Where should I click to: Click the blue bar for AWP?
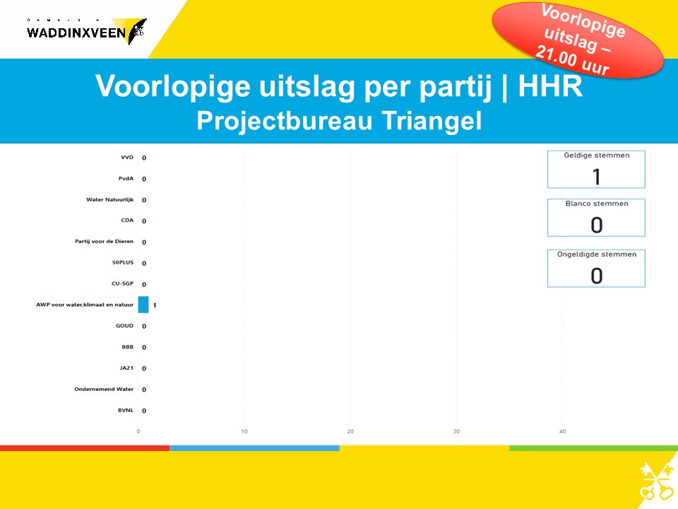[143, 304]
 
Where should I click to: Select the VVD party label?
[127, 157]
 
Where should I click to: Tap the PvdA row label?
[126, 178]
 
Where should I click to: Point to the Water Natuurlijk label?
[110, 199]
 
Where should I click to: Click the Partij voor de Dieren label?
[105, 241]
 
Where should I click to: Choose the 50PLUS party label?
[123, 262]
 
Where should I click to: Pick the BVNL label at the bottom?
[126, 410]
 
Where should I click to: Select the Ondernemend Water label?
[104, 389]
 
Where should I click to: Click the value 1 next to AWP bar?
[155, 305]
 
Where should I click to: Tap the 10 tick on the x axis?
[244, 431]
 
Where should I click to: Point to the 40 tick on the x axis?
[563, 431]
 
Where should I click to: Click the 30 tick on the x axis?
[457, 431]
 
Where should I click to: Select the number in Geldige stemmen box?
[597, 177]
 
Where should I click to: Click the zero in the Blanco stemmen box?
[597, 225]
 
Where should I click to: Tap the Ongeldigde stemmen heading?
[597, 255]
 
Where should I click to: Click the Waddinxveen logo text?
[76, 33]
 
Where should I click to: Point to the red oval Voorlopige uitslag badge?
[578, 40]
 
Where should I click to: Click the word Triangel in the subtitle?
[432, 120]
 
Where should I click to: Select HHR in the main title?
[550, 86]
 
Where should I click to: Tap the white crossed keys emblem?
[656, 481]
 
